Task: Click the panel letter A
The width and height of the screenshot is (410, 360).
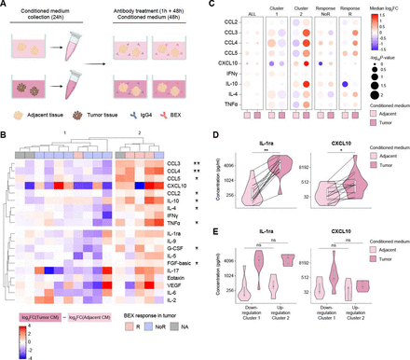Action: click(x=5, y=6)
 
